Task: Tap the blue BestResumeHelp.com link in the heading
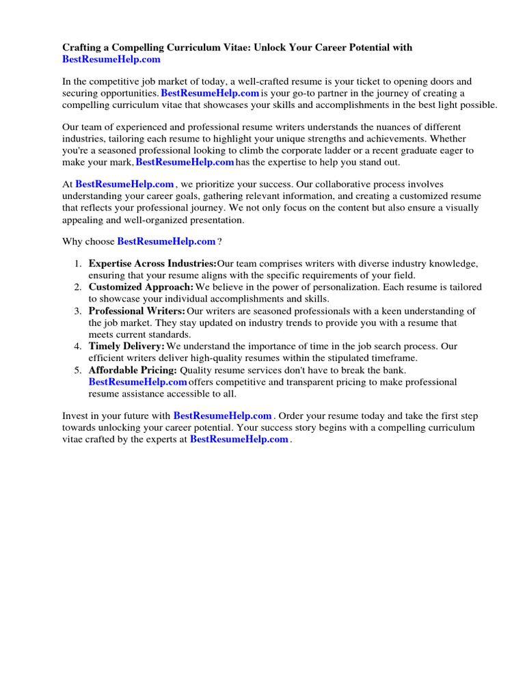point(111,60)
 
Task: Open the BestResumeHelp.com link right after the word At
point(124,185)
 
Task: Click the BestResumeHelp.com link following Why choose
point(166,242)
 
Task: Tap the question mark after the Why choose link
point(219,242)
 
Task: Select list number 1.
point(77,264)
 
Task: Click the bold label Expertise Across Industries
point(152,264)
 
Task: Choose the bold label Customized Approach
point(141,287)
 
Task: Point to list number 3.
point(77,311)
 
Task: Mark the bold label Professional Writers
point(137,311)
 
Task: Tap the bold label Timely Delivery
point(126,347)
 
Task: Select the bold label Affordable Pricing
point(133,370)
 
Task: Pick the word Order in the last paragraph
point(293,416)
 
